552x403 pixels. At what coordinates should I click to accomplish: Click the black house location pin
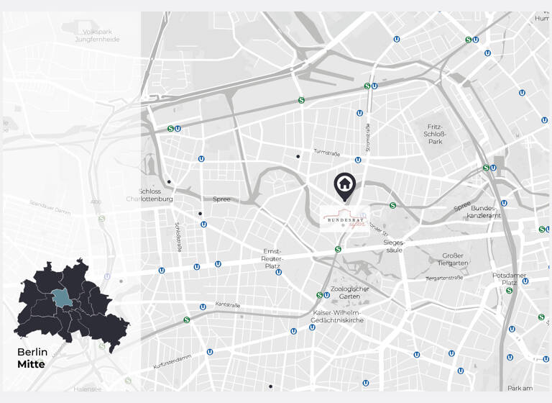pos(344,185)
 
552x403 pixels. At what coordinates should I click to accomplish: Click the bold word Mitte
pos(31,364)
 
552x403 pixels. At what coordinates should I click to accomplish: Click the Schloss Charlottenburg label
pos(150,195)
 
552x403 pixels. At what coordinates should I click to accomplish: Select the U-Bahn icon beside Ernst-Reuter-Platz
pos(278,272)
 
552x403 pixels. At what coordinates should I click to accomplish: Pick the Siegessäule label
pos(394,246)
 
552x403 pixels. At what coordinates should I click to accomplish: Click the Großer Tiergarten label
pos(453,259)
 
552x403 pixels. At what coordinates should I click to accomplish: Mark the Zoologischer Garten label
pos(344,292)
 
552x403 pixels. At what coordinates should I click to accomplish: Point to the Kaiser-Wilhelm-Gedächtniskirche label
pos(339,316)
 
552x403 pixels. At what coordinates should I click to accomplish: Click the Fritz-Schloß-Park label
pos(435,134)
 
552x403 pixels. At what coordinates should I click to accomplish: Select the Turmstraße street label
pos(326,153)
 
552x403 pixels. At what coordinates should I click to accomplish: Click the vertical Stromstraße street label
pos(367,137)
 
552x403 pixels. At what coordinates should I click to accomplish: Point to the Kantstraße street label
pos(227,305)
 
